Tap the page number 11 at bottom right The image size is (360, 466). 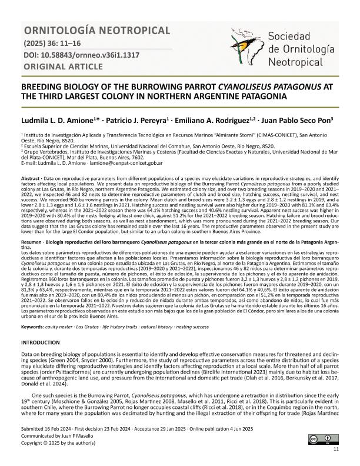tap(336, 450)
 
